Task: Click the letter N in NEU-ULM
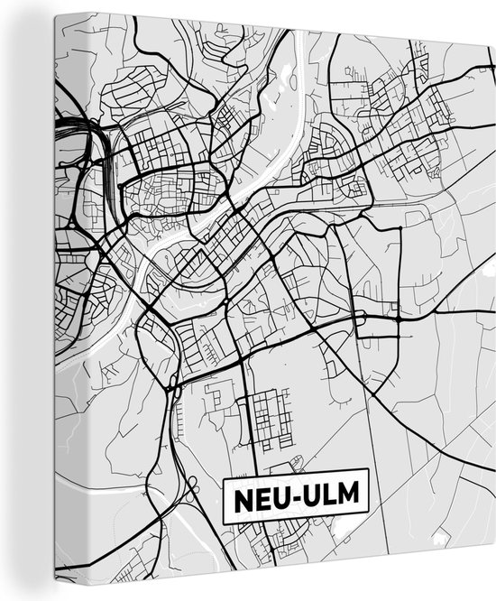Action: [243, 498]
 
